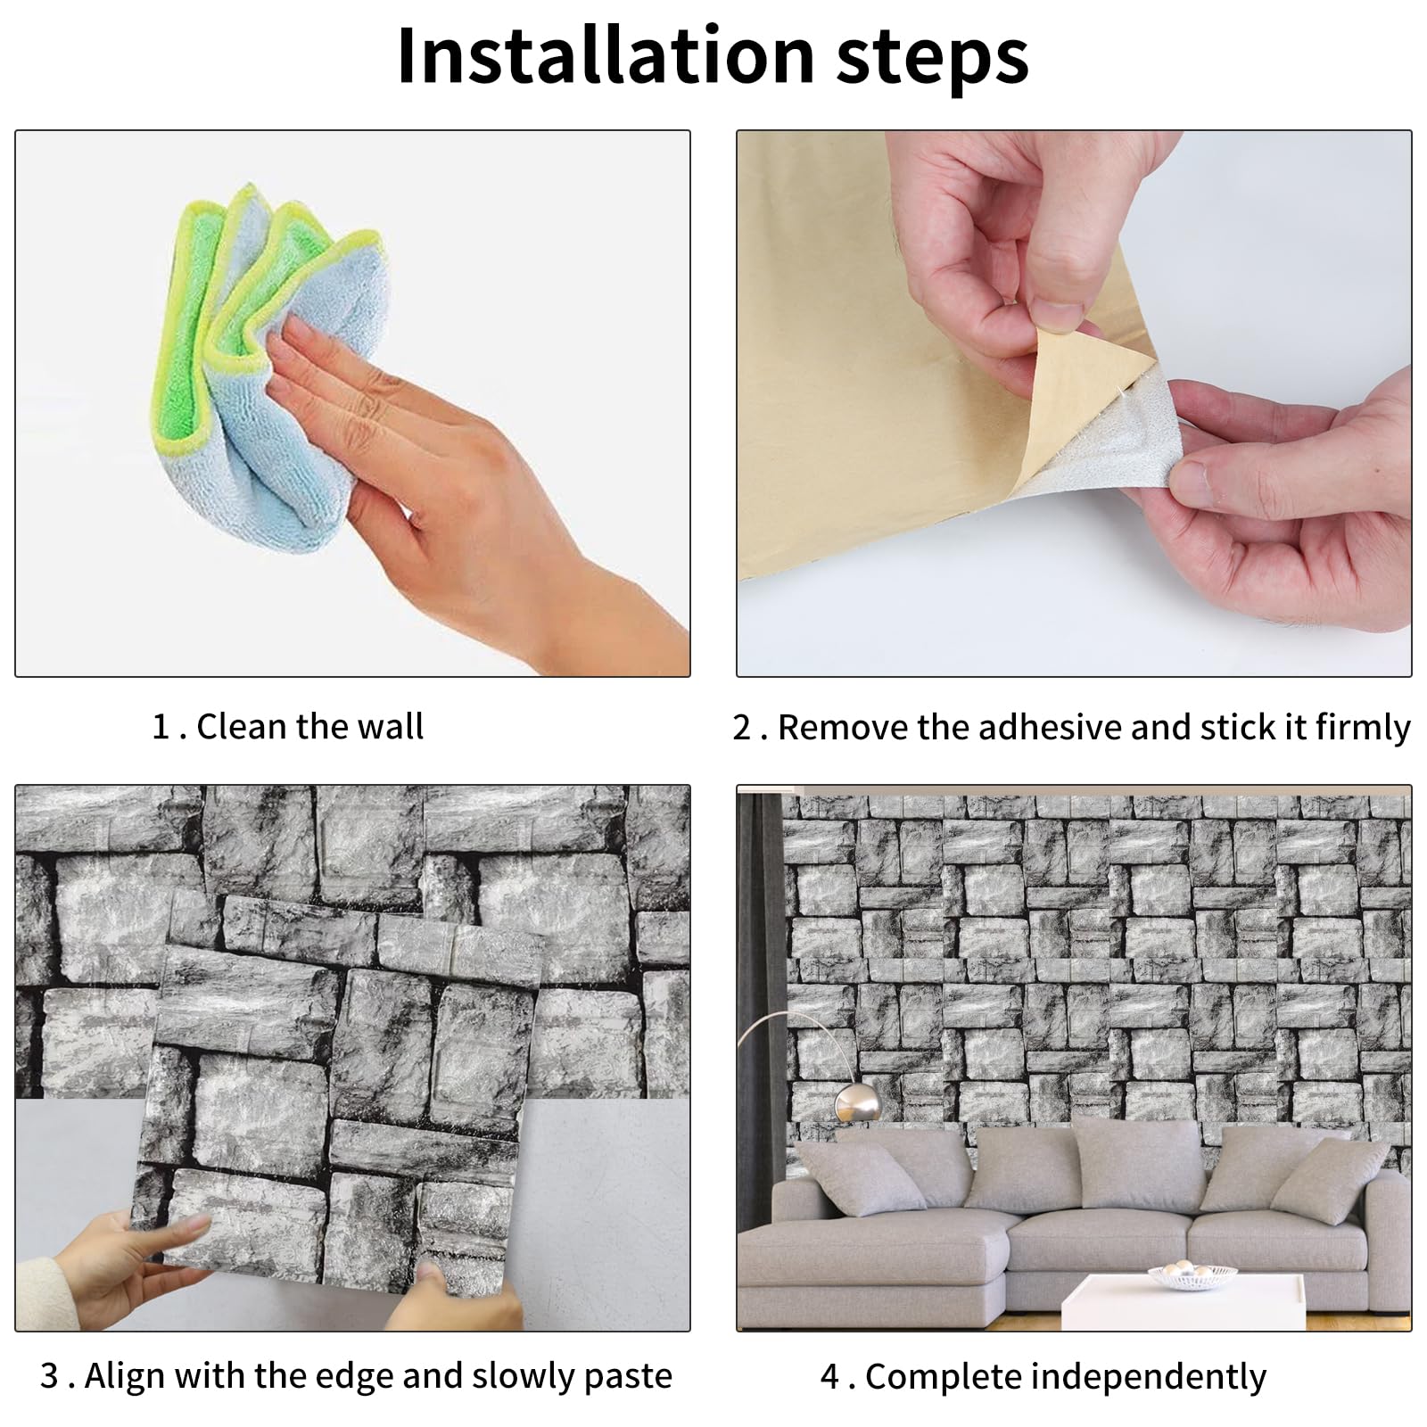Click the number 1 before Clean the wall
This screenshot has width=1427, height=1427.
click(161, 727)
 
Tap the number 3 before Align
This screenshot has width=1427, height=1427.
click(50, 1376)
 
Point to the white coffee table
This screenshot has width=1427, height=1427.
click(1182, 1302)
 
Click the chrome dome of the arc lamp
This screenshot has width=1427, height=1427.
click(858, 1104)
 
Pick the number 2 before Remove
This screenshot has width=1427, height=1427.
click(742, 728)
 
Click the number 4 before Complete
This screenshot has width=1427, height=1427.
click(830, 1377)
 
